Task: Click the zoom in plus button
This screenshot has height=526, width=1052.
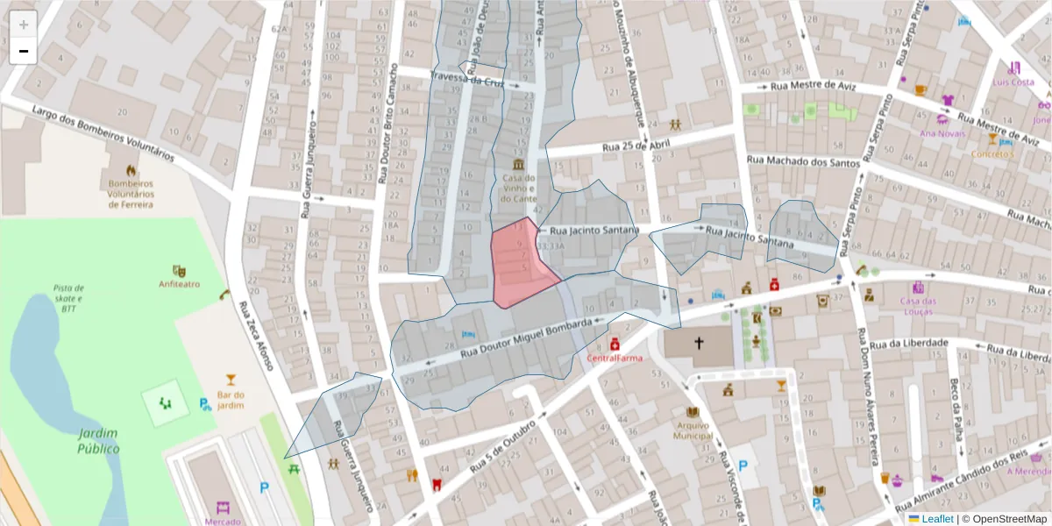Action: [x=24, y=24]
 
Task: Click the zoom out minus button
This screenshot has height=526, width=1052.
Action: [x=24, y=51]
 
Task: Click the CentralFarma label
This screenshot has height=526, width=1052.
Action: [x=615, y=358]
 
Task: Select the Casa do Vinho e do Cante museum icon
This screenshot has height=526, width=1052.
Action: [x=519, y=165]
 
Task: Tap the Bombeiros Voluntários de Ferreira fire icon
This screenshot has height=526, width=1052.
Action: [x=131, y=170]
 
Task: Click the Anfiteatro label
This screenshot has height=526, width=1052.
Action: [x=179, y=284]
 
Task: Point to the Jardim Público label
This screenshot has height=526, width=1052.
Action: [x=98, y=441]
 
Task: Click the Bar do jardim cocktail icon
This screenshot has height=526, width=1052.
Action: [x=231, y=380]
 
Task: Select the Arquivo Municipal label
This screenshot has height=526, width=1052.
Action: [x=693, y=430]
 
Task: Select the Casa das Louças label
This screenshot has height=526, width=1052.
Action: [x=919, y=306]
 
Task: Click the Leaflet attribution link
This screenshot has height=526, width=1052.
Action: [x=937, y=519]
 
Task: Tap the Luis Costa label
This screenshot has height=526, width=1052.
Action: [x=1013, y=82]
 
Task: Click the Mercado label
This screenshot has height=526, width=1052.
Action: [x=223, y=522]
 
